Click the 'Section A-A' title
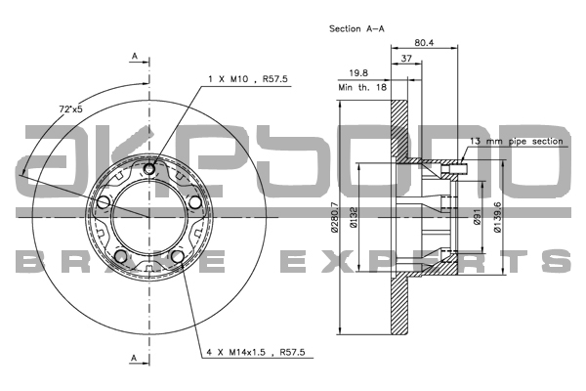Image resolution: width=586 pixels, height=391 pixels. [x=356, y=28]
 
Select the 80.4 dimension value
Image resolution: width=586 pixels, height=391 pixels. [x=424, y=43]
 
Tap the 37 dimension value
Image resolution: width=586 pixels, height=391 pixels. [x=406, y=59]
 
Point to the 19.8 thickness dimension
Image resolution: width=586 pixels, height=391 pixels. [x=358, y=73]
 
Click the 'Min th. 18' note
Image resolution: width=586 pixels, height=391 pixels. [x=362, y=88]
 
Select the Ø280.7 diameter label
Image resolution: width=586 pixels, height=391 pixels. [x=334, y=217]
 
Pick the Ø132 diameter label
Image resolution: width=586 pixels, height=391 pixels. [x=354, y=217]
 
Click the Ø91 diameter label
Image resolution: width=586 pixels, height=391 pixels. [x=477, y=217]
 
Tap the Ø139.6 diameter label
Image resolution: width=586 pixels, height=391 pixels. [x=497, y=217]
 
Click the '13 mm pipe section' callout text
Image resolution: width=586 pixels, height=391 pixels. [x=516, y=142]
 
